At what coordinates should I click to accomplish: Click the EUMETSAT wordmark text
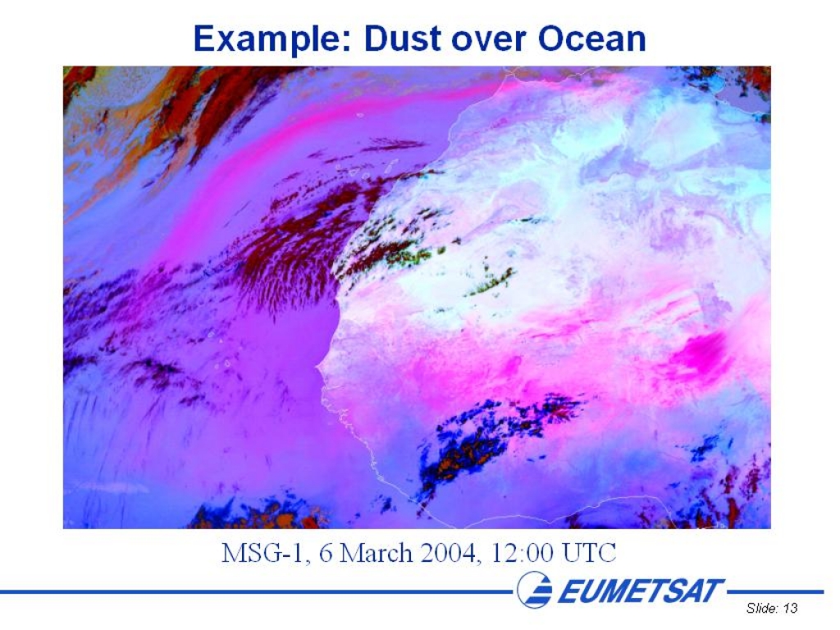pos(641,591)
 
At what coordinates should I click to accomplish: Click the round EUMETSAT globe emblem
pos(535,589)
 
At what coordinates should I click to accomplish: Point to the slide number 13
pos(790,608)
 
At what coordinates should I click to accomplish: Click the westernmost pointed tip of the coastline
pos(317,367)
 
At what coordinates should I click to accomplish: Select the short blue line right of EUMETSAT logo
pos(775,591)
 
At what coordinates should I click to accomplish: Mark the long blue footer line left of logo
pos(257,591)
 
